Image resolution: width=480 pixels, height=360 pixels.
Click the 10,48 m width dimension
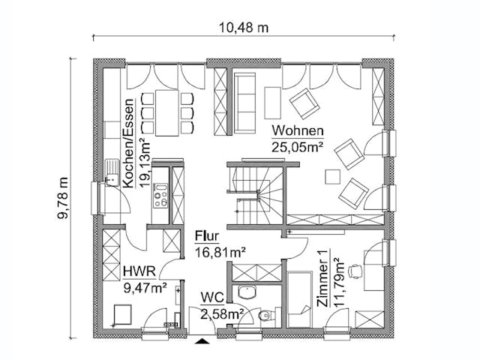coord(244,28)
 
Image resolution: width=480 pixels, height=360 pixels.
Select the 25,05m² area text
coord(297,147)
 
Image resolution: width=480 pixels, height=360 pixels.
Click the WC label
coord(211,298)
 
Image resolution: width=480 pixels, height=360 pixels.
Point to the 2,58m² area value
coord(220,313)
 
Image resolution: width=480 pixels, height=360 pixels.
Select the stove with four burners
coord(160,196)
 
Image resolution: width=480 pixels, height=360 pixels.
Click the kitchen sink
coord(110,173)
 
